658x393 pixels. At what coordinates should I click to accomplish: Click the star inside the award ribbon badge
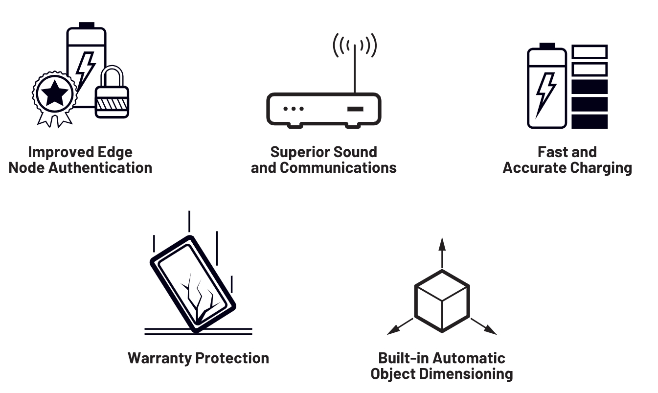pos(54,93)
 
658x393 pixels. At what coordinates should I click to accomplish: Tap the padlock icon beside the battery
pos(112,95)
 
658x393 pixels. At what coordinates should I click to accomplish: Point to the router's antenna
pos(355,69)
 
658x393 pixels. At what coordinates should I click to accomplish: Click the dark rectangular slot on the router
pos(356,108)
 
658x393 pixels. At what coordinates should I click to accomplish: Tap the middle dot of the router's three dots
pos(294,109)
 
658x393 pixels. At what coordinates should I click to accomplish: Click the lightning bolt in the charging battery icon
pos(545,93)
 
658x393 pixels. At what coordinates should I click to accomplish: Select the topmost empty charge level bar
pos(590,52)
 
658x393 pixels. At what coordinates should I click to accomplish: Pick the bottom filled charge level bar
pos(590,121)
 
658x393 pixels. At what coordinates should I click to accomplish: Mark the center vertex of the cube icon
pos(442,301)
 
